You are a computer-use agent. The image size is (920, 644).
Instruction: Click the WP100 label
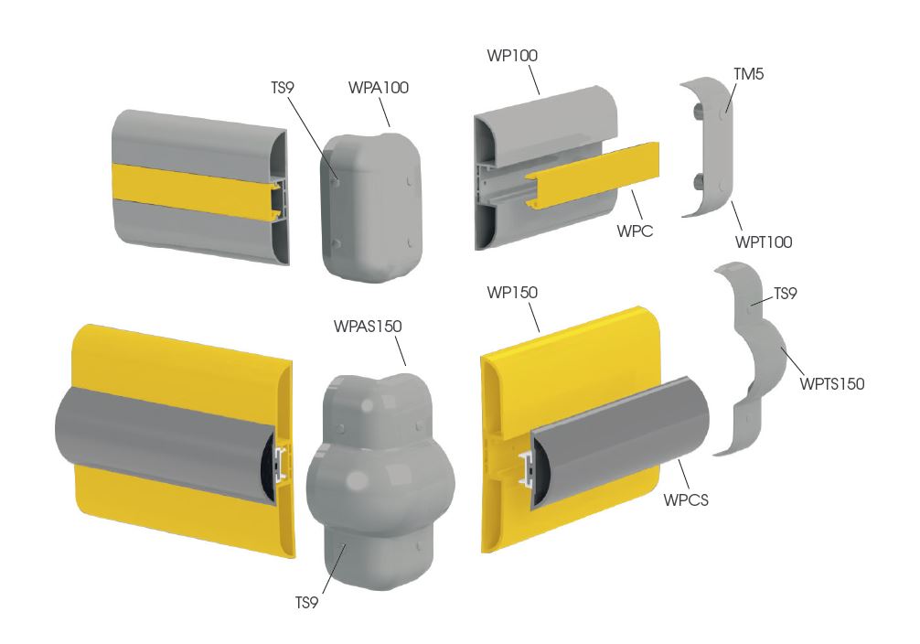[512, 56]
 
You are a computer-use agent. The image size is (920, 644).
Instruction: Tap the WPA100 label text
[379, 88]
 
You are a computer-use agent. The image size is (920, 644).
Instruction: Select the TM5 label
[749, 75]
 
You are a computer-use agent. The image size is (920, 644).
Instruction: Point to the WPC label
[635, 231]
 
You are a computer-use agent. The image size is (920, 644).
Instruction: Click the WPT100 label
[764, 241]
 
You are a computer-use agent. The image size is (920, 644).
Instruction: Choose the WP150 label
[512, 293]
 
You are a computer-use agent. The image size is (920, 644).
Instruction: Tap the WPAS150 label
[368, 327]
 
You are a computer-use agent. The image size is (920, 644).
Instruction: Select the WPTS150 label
[832, 384]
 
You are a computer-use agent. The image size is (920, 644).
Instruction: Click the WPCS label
[686, 500]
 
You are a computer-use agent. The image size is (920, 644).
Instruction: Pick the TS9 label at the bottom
[306, 603]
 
